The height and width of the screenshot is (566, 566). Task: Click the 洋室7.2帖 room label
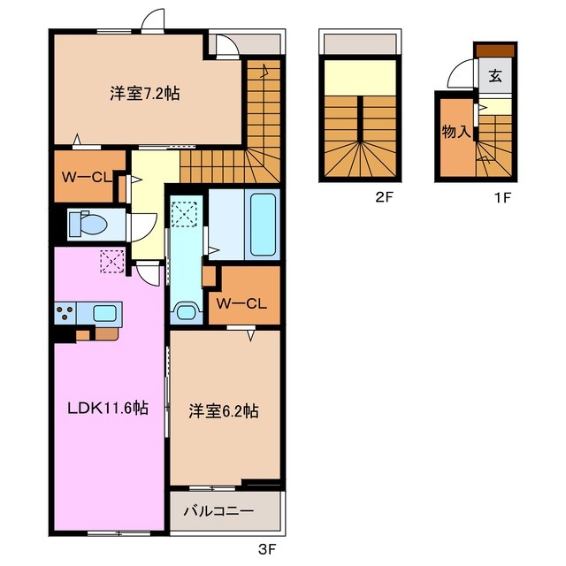[x=145, y=95]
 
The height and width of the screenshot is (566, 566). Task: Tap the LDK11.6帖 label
[x=108, y=409]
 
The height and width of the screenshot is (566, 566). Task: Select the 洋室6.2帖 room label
[x=224, y=411]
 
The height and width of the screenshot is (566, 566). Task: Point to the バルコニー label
[x=218, y=511]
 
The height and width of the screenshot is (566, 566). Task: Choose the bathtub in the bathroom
[x=264, y=225]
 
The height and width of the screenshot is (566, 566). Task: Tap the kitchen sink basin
[x=104, y=312]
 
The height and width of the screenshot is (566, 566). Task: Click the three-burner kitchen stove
[x=65, y=312]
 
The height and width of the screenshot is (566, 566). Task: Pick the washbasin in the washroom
[x=187, y=311]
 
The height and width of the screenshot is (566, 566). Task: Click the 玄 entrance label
[x=495, y=76]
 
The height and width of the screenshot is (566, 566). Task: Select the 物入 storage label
[x=456, y=132]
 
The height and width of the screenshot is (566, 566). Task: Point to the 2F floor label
[x=384, y=197]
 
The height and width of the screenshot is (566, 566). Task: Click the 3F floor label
[x=267, y=549]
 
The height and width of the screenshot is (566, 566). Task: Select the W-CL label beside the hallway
[x=87, y=177]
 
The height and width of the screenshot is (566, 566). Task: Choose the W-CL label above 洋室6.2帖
[x=241, y=303]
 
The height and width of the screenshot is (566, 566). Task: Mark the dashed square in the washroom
[x=184, y=214]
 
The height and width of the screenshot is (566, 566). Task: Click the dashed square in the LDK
[x=112, y=261]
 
